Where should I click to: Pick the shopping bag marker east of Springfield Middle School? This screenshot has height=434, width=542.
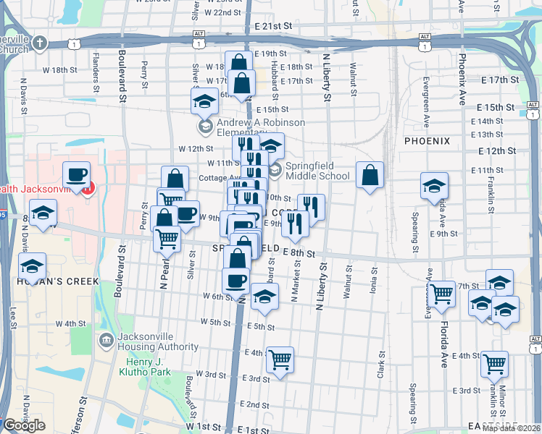point(370,174)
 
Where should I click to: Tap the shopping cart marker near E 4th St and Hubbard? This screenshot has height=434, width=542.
point(280,359)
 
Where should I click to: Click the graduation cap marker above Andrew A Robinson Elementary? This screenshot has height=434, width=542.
point(205,101)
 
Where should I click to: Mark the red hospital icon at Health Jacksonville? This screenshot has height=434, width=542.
point(88,190)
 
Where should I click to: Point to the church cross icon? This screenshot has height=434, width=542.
point(39,43)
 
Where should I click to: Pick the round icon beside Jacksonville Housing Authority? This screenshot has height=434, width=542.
point(106,339)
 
